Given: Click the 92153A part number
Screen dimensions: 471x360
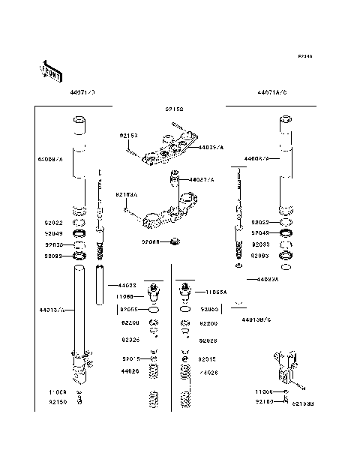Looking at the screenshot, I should coord(126,194).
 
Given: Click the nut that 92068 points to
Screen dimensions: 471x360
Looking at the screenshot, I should coord(174,241).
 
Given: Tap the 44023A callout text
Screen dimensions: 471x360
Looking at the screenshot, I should coord(268,279).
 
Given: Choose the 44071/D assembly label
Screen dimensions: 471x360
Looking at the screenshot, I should coord(82,92).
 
